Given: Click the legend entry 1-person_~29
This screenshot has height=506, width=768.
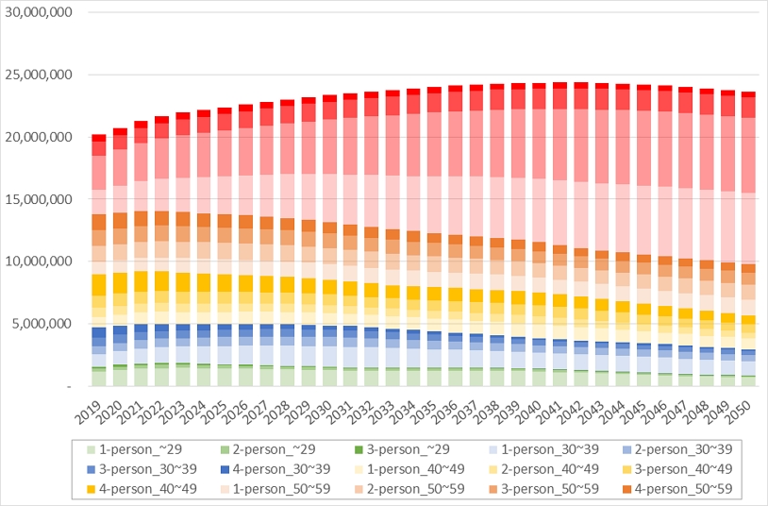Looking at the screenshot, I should [118, 447].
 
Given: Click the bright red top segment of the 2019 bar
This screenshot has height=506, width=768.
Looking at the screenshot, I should [99, 138].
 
